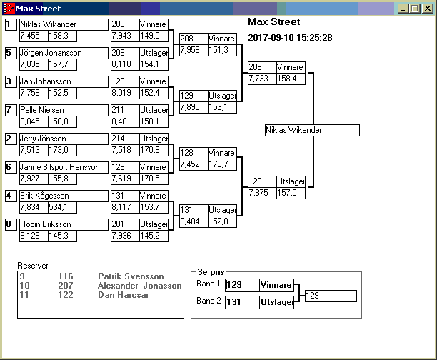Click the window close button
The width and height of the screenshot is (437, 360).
[x=427, y=9]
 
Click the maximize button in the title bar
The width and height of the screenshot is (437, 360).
[x=416, y=9]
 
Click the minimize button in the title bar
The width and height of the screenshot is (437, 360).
[x=404, y=9]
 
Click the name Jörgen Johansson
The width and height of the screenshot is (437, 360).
[x=51, y=53]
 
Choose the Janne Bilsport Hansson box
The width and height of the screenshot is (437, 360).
[x=60, y=167]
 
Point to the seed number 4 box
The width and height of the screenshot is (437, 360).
[x=9, y=196]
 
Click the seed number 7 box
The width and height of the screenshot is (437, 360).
[x=9, y=110]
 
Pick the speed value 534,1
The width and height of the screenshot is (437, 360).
[x=62, y=207]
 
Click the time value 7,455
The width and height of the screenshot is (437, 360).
[x=33, y=36]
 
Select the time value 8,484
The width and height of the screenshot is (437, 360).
[x=192, y=221]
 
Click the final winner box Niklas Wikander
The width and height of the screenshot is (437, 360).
[x=311, y=131]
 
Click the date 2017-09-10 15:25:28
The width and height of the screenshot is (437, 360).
[x=289, y=37]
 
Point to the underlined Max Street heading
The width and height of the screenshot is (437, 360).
[x=273, y=22]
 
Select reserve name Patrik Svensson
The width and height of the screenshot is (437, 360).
[x=131, y=276]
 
